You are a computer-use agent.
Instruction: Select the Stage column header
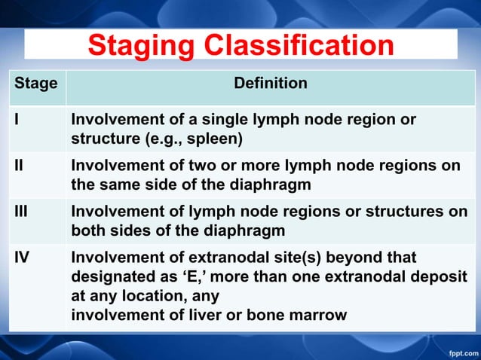coord(36,84)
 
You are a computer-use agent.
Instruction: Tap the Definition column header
coord(271,84)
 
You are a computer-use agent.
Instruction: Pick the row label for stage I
coord(16,121)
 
